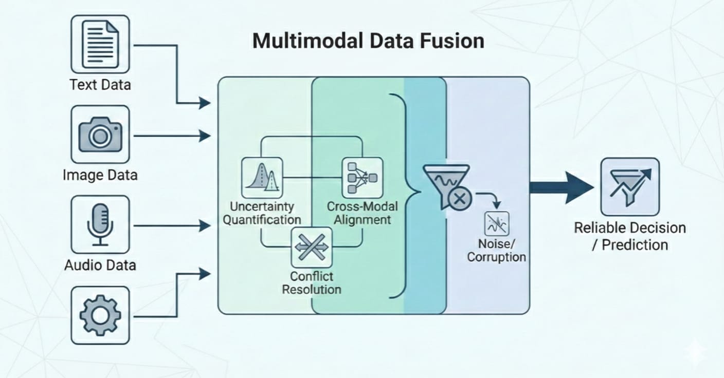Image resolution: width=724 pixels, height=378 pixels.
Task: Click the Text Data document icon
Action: coord(100,44)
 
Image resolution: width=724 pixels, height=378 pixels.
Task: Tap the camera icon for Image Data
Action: coord(100,135)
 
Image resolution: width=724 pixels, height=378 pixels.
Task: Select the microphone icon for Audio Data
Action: coord(100,225)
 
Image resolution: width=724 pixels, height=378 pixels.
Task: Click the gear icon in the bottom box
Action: coord(100,315)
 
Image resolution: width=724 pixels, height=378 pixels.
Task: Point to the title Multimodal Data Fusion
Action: coord(368,41)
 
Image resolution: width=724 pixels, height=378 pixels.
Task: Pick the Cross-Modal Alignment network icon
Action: coord(362,178)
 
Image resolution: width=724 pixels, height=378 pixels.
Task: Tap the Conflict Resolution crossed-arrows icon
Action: coord(312,247)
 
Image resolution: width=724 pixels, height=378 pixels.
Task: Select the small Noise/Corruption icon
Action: coord(496,223)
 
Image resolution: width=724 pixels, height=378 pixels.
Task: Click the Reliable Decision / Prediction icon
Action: coord(630,186)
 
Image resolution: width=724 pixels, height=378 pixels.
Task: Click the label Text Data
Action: coord(100,84)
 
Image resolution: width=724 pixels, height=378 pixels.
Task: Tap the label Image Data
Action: coord(100,175)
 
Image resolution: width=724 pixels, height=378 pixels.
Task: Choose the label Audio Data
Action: coord(100,265)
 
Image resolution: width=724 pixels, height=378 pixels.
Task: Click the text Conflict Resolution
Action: coord(312,283)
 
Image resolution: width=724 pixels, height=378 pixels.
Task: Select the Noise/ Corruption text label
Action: coord(496,250)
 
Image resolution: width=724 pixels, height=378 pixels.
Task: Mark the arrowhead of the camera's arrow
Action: coord(205,136)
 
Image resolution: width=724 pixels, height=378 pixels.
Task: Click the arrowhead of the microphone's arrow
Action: coord(205,225)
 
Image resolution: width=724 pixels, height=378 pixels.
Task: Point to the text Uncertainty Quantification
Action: coord(262,213)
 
